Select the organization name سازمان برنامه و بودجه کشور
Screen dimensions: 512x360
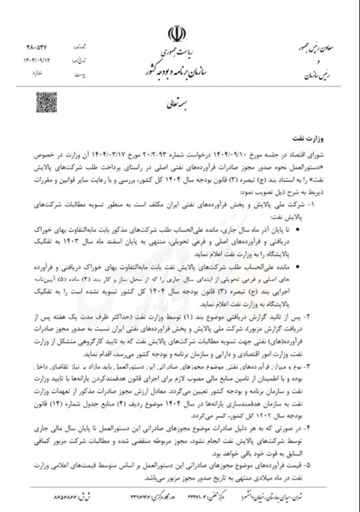[182, 71]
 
